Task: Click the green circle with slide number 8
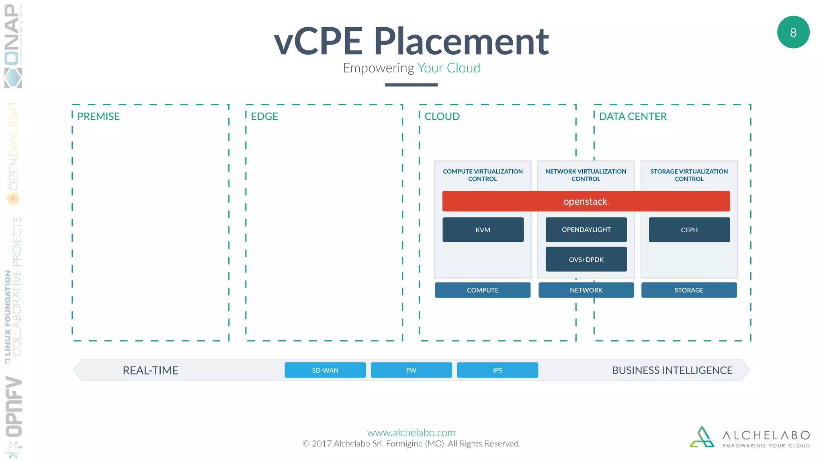[793, 32]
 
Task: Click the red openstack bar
[586, 201]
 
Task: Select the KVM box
[483, 229]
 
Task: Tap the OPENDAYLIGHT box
[586, 229]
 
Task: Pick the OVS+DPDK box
[586, 259]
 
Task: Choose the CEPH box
[689, 229]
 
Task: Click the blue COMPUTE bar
[482, 290]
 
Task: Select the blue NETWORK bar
[586, 290]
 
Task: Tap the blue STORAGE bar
[689, 290]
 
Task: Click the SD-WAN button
[325, 370]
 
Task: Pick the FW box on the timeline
[411, 370]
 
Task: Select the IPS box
[497, 370]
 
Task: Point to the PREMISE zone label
[98, 117]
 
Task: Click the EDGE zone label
[264, 117]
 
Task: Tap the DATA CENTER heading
[633, 117]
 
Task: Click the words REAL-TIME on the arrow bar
[150, 370]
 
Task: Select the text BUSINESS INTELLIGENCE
[672, 370]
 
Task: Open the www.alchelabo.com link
[411, 432]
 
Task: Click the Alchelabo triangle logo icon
[702, 438]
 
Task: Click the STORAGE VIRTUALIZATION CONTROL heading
[689, 175]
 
